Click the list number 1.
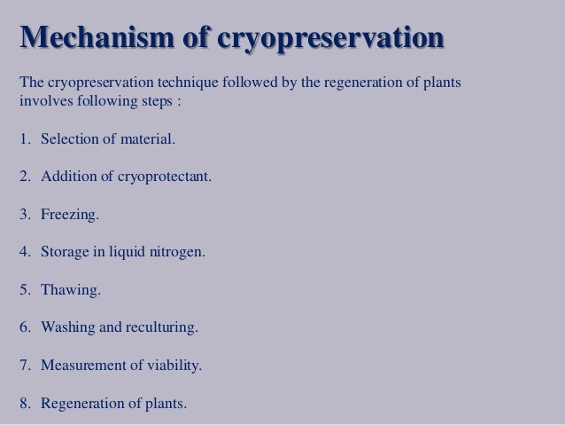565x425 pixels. [23, 138]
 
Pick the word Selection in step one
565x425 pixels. [69, 138]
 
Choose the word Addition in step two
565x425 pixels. [68, 176]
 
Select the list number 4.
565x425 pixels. [23, 252]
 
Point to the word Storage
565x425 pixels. [64, 252]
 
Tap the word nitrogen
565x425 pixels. [174, 252]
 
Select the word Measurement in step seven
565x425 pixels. [81, 366]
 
